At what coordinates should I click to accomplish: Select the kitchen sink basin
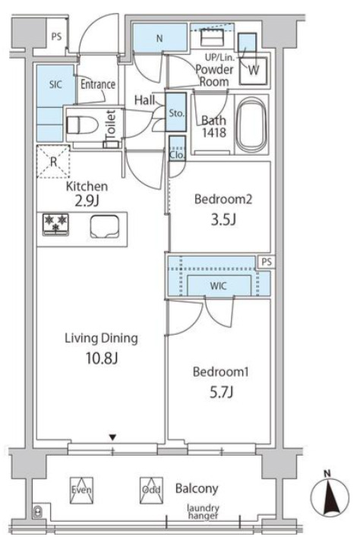point(105,226)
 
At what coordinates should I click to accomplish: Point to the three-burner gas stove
point(55,225)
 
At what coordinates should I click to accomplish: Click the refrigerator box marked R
point(53,162)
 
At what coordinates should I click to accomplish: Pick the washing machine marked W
point(254,71)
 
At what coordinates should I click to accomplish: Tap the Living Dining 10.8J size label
point(102,358)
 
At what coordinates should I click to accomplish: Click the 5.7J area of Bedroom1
point(221,393)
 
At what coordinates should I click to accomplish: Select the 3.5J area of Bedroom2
point(223,219)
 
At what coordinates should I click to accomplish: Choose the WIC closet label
point(218,286)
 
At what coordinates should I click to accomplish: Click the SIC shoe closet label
point(55,84)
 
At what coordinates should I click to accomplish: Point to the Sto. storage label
point(176,113)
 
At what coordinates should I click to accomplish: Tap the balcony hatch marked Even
point(81,491)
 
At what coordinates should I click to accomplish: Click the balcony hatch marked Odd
point(151,491)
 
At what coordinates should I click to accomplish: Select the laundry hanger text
point(204,512)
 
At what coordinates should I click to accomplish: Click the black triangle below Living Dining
point(112,437)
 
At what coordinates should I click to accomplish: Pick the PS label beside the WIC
point(267,262)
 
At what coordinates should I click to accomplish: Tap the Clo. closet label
point(177,155)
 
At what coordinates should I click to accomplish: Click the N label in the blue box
point(159,38)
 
